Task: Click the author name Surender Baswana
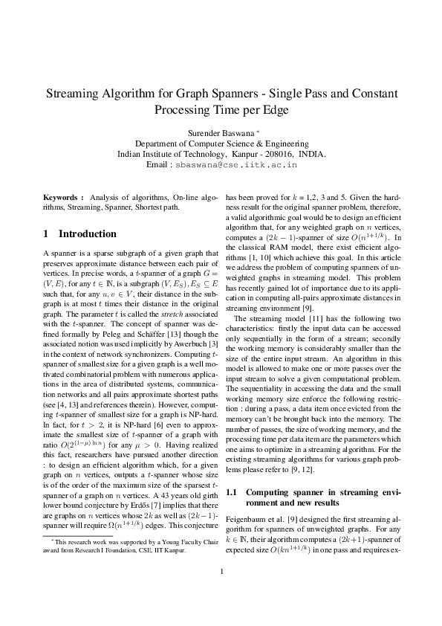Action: coord(218,132)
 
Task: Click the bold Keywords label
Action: coord(63,197)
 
